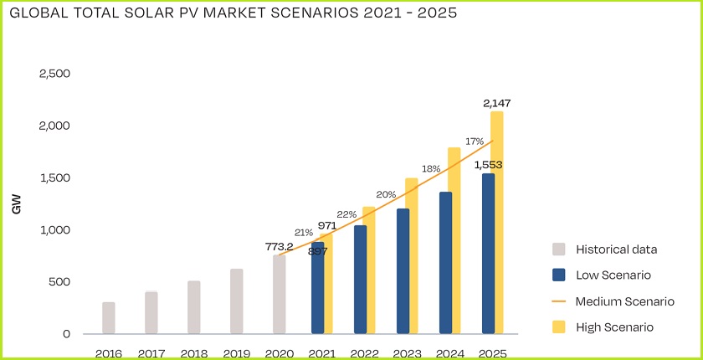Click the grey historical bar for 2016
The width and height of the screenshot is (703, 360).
[109, 318]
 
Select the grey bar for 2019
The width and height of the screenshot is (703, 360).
[237, 301]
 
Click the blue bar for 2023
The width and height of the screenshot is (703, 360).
[403, 271]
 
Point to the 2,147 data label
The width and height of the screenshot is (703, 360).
[496, 103]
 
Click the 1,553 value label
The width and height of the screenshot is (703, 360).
[489, 165]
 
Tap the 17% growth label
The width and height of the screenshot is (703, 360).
[475, 141]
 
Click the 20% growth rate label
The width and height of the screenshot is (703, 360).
[387, 194]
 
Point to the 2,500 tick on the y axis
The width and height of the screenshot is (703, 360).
[54, 74]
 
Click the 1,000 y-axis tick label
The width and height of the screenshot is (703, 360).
[54, 229]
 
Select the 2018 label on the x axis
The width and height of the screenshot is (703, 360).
[194, 353]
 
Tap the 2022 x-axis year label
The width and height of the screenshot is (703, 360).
[363, 353]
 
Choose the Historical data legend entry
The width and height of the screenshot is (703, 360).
[616, 249]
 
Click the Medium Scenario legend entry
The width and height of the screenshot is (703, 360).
[624, 301]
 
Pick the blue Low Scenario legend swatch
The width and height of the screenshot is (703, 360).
[560, 275]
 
